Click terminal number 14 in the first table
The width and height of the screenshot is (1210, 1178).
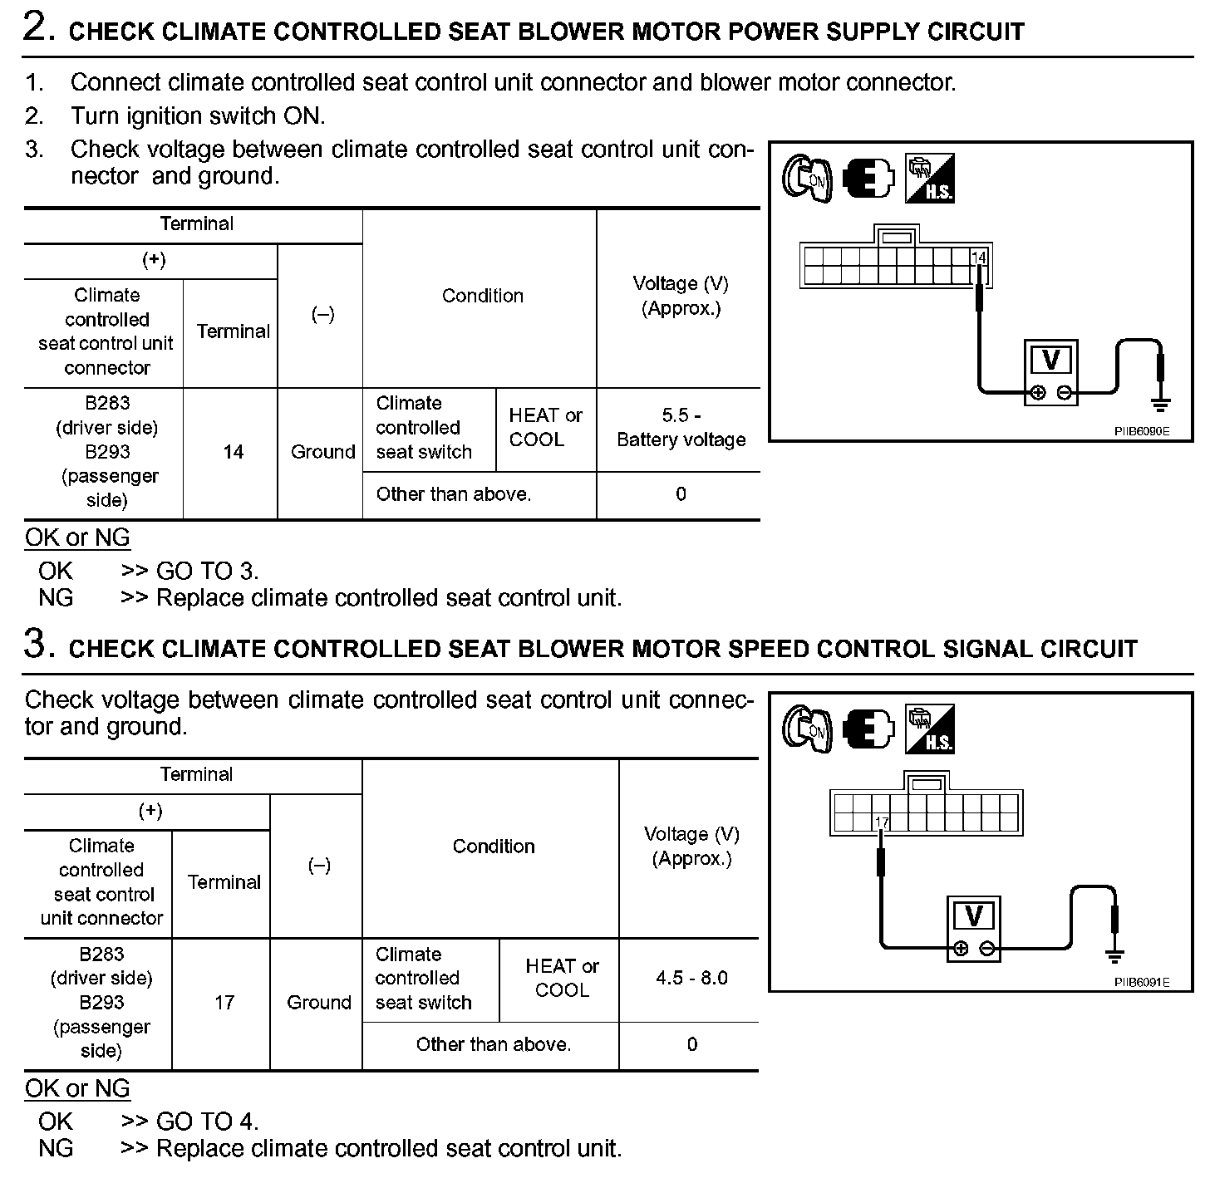pyautogui.click(x=233, y=452)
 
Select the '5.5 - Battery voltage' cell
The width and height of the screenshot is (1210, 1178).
pyautogui.click(x=681, y=428)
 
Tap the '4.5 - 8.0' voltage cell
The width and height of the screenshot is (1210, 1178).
pyautogui.click(x=691, y=978)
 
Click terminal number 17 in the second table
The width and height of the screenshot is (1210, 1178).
pyautogui.click(x=224, y=1002)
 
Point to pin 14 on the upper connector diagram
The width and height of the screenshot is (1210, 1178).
pyautogui.click(x=979, y=258)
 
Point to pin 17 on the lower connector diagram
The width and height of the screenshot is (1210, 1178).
pyautogui.click(x=882, y=822)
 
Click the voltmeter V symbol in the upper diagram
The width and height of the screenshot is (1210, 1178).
pyautogui.click(x=1050, y=361)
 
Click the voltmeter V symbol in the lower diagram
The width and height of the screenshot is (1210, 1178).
pyautogui.click(x=973, y=916)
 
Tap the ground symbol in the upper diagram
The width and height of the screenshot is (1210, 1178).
pyautogui.click(x=1160, y=405)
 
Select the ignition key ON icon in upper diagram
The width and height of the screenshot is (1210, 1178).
pyautogui.click(x=806, y=179)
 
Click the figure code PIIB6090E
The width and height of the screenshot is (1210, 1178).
pyautogui.click(x=1142, y=432)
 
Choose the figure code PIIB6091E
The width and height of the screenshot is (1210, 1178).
pyautogui.click(x=1142, y=983)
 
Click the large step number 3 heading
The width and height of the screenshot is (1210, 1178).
pyautogui.click(x=36, y=645)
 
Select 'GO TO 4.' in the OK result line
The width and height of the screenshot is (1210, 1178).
pyautogui.click(x=207, y=1122)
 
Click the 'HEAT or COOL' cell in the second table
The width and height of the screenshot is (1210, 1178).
pyautogui.click(x=562, y=978)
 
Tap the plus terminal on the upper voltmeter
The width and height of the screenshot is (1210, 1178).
pyautogui.click(x=1038, y=394)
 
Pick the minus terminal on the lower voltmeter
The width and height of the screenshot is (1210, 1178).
pyautogui.click(x=987, y=949)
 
